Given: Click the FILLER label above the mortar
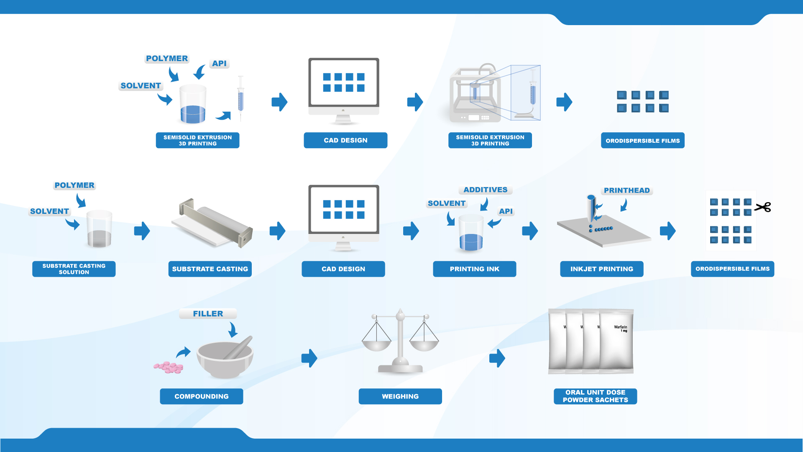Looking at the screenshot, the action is point(208,313).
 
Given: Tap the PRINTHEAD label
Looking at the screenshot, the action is point(627,190).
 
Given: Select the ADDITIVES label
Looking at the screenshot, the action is point(486,190).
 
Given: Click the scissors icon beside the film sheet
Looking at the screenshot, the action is point(763,207).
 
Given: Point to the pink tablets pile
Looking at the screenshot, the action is point(169,367).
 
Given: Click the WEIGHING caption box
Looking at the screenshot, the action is point(400,396).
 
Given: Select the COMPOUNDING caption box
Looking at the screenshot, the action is point(202,396).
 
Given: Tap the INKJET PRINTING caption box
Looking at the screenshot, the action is point(602,269).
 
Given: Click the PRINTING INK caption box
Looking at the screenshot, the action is point(475,269).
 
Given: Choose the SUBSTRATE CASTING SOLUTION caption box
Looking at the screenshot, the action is point(74,269).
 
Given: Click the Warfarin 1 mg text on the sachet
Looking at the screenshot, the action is point(621,329).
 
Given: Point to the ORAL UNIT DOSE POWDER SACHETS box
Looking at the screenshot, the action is point(596,396).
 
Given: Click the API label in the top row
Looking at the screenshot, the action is point(219,64).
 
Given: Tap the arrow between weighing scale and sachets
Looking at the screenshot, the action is point(497,358).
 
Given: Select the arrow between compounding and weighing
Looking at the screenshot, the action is point(309,358).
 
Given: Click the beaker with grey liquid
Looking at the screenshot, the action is point(99,229).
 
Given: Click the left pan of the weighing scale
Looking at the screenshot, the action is point(376,345).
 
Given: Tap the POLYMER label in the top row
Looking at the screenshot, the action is point(167,59).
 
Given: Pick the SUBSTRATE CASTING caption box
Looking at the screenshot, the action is point(210,269).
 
